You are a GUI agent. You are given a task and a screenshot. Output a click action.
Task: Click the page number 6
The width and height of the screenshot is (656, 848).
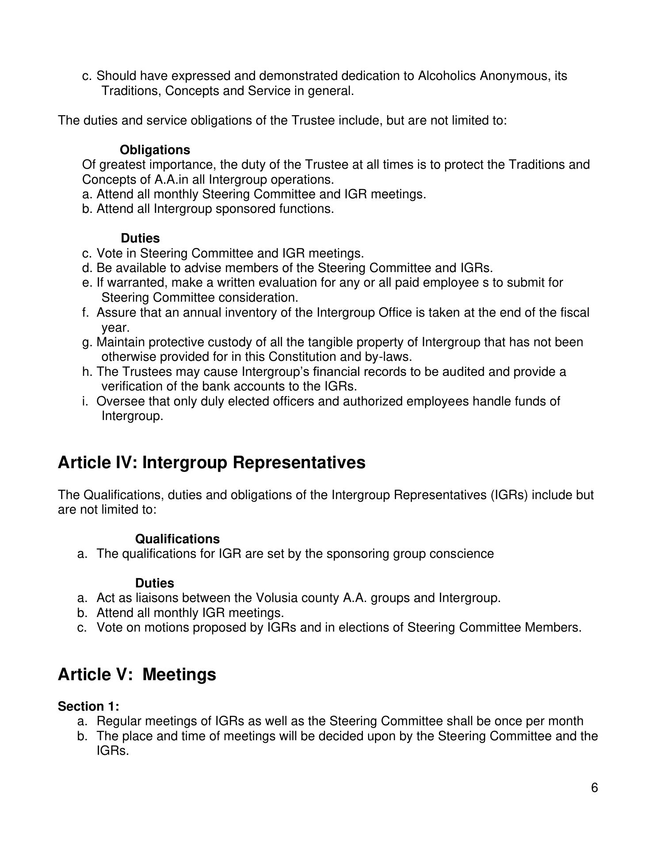(594, 788)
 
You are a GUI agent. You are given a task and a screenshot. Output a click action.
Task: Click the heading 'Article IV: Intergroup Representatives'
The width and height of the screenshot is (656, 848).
(211, 462)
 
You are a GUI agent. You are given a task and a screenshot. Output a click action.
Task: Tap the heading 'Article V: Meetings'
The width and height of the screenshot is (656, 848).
(137, 674)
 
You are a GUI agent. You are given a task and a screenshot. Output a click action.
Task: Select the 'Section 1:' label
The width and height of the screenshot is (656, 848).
(88, 706)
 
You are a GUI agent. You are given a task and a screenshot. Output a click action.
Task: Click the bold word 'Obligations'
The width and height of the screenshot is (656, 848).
(155, 150)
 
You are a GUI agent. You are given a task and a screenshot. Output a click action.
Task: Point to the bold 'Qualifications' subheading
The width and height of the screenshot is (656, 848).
(177, 539)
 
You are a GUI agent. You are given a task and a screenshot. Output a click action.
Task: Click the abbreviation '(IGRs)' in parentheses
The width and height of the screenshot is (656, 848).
(509, 495)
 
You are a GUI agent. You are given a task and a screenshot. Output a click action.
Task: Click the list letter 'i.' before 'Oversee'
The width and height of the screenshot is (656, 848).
(85, 401)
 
